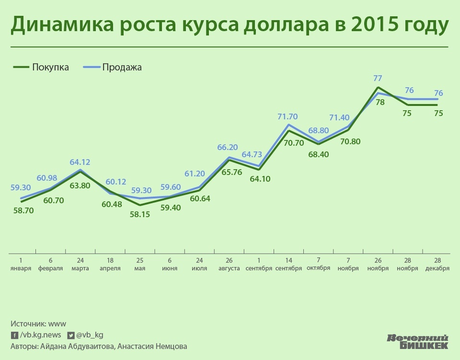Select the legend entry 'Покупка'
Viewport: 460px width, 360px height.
click(50, 67)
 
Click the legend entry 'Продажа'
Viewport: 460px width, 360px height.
click(122, 67)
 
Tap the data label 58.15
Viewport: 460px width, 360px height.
click(139, 214)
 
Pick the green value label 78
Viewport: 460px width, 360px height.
click(380, 102)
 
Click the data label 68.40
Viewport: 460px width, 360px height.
click(319, 154)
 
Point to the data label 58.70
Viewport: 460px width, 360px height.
click(23, 210)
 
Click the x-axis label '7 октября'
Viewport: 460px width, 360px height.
click(319, 264)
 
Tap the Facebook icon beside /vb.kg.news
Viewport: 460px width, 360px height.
click(14, 335)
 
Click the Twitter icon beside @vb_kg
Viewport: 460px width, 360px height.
click(71, 335)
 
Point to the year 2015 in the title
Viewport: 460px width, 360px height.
click(372, 25)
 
